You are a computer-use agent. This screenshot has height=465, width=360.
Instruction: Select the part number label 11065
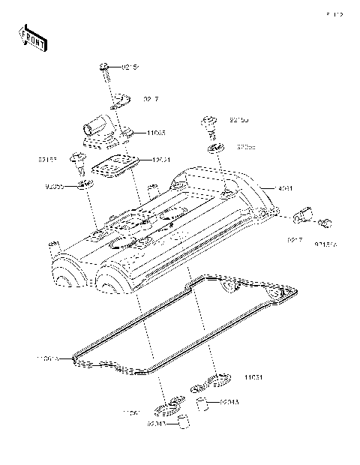click(x=156, y=133)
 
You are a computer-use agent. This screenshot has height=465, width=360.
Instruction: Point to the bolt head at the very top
click(x=104, y=69)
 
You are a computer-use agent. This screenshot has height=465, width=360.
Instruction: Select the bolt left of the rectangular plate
click(x=77, y=159)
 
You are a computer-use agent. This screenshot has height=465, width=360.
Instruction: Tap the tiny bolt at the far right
click(x=325, y=222)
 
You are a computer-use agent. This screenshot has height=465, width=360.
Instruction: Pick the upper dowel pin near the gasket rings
click(x=201, y=405)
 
